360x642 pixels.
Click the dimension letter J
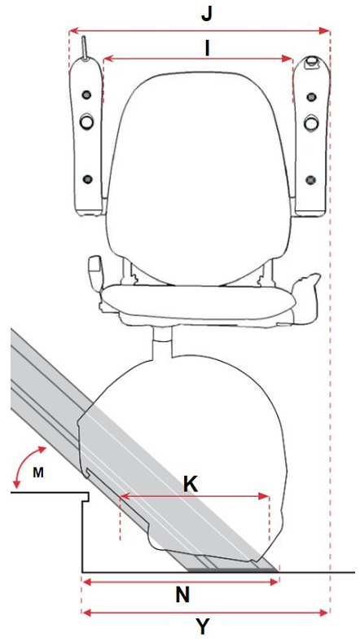207,15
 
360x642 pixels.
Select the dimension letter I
207,49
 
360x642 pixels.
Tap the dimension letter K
191,485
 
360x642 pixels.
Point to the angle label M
38,473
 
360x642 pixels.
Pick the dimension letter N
183,596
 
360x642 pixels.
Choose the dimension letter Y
203,627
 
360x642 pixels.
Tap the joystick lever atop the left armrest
84,48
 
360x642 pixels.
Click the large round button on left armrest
86,121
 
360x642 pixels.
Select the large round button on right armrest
312,121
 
